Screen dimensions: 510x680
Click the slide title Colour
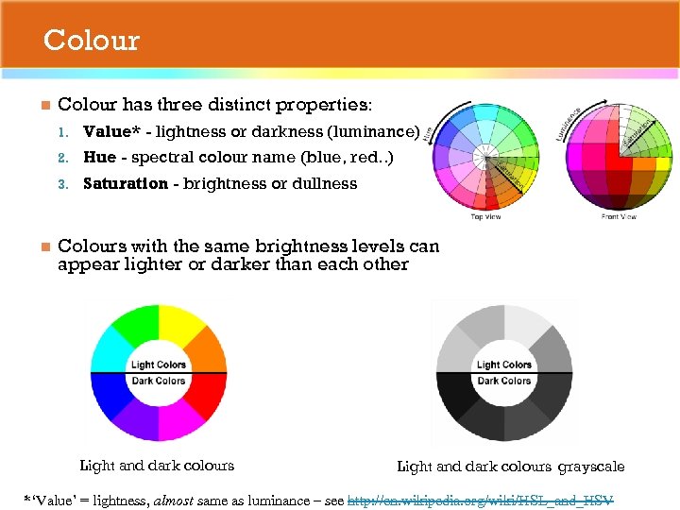click(x=91, y=41)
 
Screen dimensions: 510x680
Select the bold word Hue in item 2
click(x=99, y=158)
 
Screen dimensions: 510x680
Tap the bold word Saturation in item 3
click(x=125, y=184)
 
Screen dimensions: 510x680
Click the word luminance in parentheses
click(x=374, y=131)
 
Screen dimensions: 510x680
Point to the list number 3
click(x=62, y=184)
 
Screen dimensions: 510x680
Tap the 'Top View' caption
click(x=487, y=216)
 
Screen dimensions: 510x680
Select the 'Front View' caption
click(x=619, y=216)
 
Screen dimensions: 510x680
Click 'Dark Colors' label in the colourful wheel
click(x=159, y=382)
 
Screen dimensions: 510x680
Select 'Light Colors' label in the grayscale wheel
click(x=503, y=365)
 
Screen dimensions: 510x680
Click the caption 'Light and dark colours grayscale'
click(x=510, y=466)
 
